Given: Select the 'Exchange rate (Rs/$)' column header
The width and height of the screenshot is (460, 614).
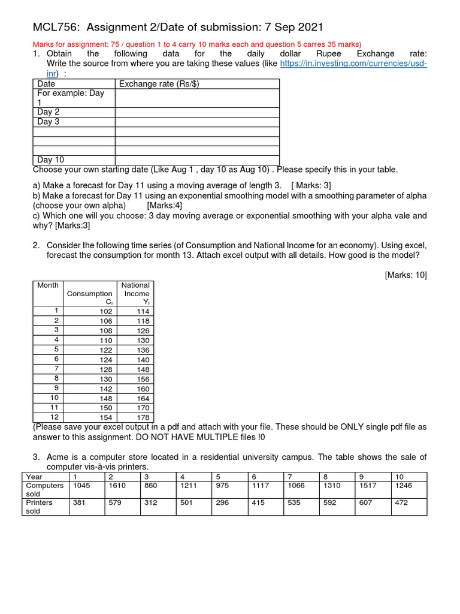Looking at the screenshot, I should coord(159,84).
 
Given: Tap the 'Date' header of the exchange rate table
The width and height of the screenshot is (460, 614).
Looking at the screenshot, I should coord(46,84).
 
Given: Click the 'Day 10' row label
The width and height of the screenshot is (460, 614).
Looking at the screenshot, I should coord(50,160).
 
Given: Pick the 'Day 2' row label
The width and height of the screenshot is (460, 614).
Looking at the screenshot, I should coord(48,112).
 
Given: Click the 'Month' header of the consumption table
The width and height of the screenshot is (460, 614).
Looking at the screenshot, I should coord(48,285).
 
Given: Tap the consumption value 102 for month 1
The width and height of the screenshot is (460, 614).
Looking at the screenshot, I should coord(105,311).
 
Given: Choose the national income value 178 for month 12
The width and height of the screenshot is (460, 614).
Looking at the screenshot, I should coord(143,417).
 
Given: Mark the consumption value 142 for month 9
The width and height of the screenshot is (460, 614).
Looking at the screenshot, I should coord(105,389).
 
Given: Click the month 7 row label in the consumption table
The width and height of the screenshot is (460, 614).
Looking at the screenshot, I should coord(55,369).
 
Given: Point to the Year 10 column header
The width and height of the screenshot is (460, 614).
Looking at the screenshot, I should coord(400,477).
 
